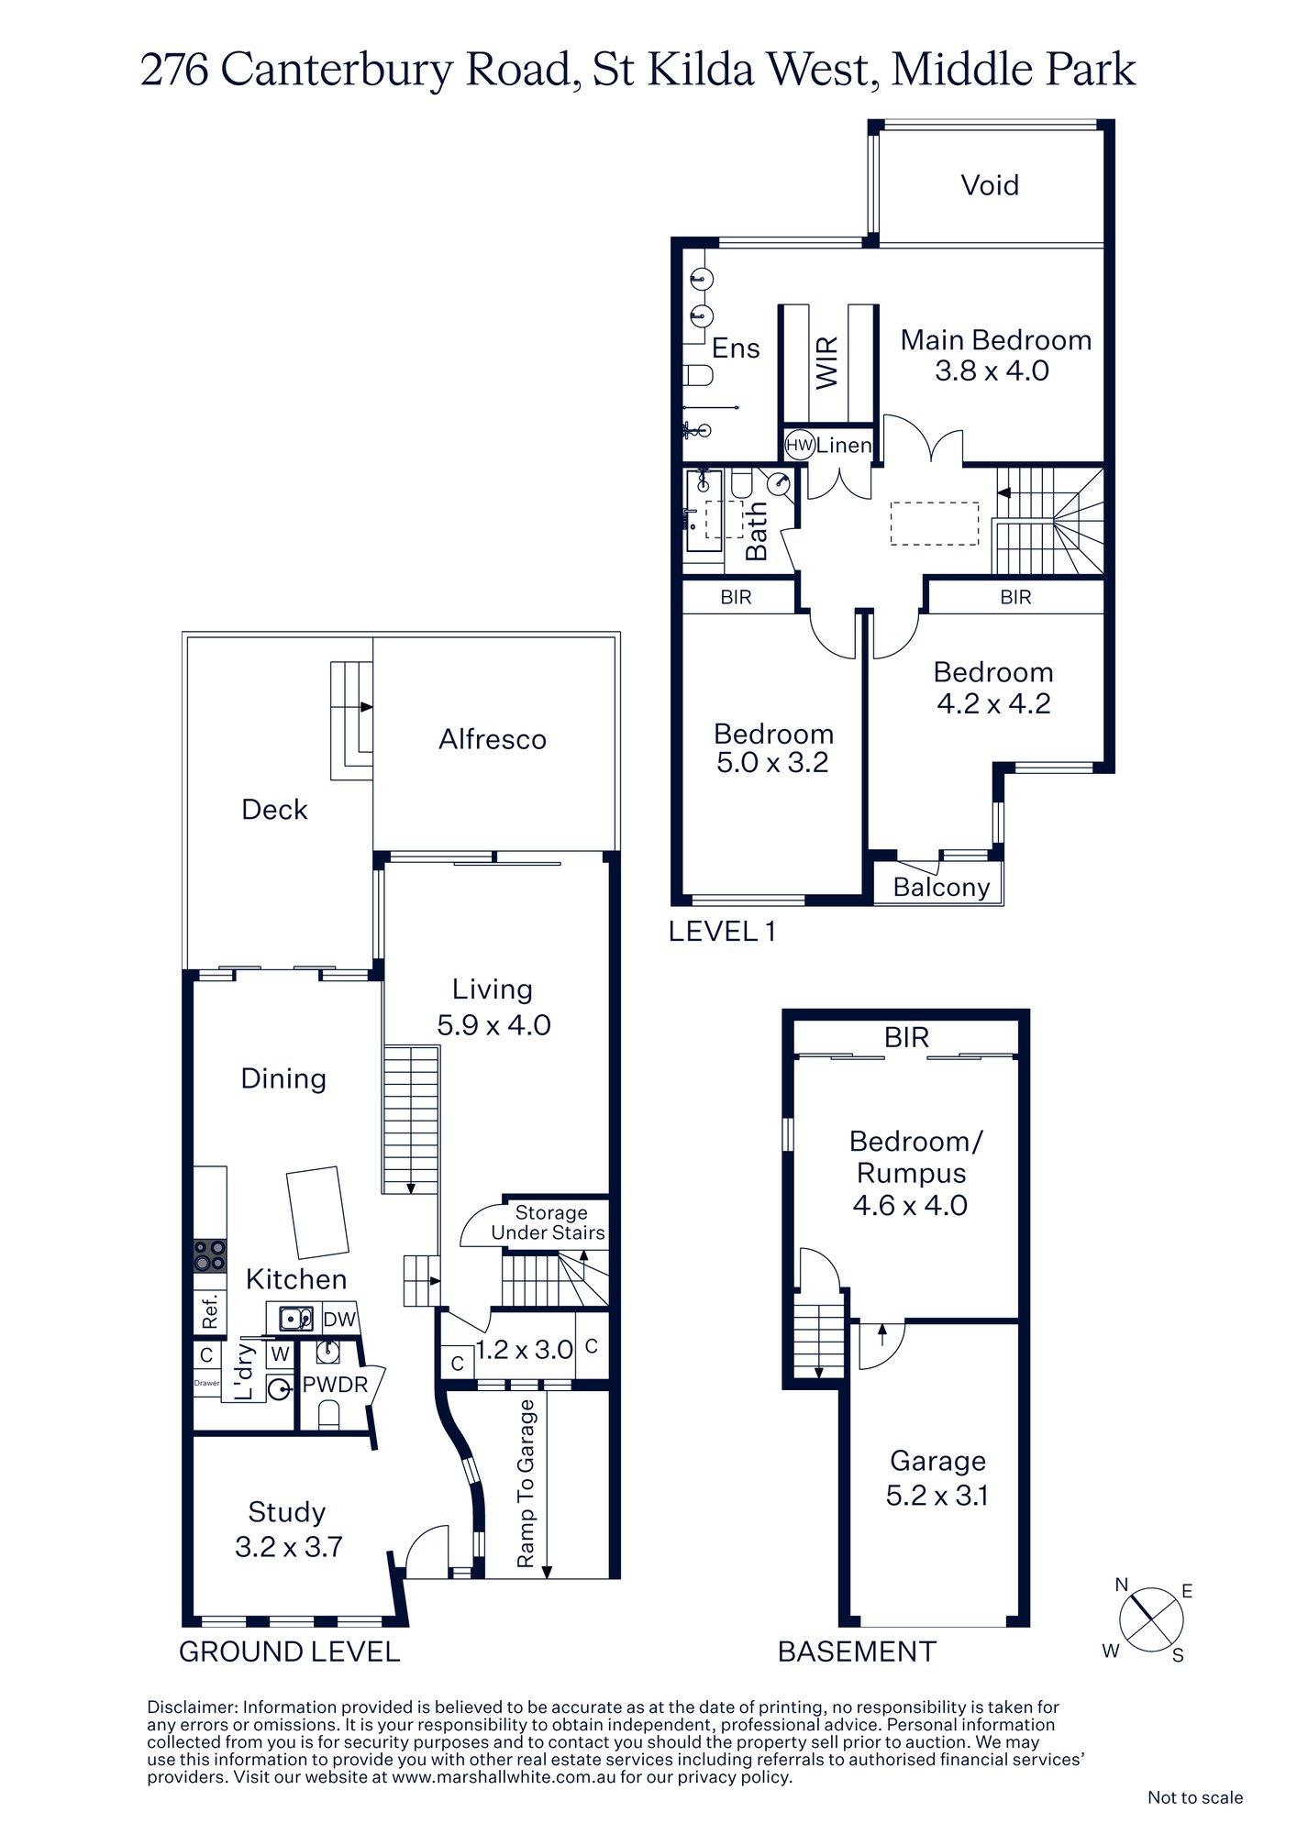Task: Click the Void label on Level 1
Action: click(990, 186)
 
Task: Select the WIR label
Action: click(827, 362)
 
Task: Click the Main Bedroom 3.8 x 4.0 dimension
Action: click(992, 371)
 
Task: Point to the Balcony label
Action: click(941, 888)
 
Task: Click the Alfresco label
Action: click(493, 740)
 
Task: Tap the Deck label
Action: click(274, 810)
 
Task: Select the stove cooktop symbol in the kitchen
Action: click(210, 1255)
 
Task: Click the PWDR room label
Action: click(335, 1385)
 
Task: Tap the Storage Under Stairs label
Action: click(549, 1223)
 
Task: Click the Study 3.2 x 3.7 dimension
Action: click(289, 1548)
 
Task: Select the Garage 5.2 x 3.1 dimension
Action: click(937, 1497)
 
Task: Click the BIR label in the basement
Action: click(906, 1037)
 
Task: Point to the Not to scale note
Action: click(1194, 1797)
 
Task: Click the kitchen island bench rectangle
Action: click(317, 1212)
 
